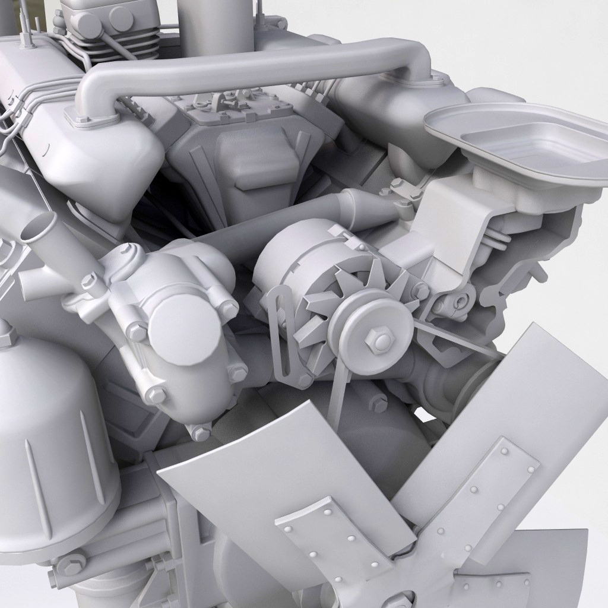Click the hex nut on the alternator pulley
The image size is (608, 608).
[x=378, y=339]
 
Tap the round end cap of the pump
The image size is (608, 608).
[x=177, y=325]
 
